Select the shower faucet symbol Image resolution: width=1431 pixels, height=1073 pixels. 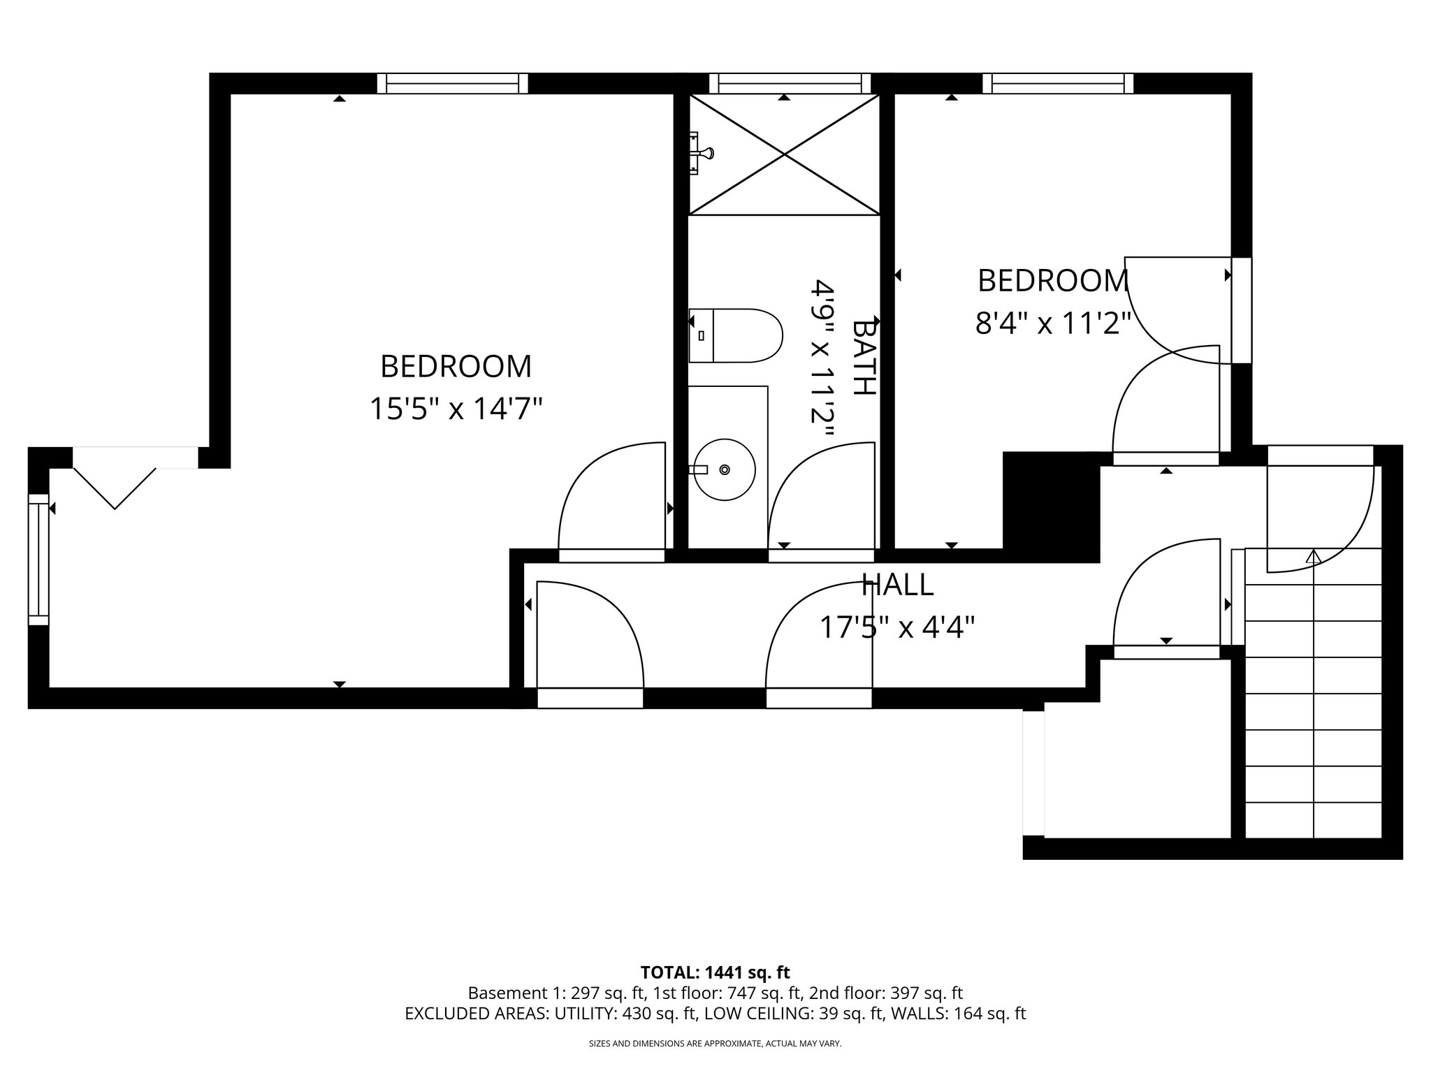point(702,152)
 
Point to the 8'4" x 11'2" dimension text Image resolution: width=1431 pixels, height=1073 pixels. point(1052,324)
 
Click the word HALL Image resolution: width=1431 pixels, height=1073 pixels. point(897,585)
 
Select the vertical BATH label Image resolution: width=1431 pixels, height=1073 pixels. point(864,357)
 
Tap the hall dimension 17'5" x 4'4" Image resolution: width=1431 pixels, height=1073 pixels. point(897,627)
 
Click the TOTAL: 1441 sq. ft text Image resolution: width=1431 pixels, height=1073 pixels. point(715,972)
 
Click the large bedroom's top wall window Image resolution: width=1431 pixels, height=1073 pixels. point(453,84)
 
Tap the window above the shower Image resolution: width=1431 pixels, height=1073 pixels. point(790,84)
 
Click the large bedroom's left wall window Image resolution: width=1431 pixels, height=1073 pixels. point(39,559)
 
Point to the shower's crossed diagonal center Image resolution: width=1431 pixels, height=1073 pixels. point(785,154)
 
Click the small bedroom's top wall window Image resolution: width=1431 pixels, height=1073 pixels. point(1058,84)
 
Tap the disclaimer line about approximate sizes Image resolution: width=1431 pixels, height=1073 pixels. point(715,1044)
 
